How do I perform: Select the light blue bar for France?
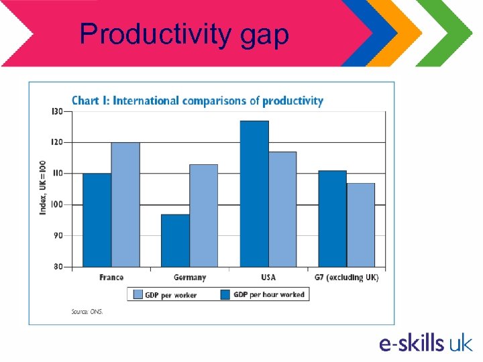click(x=125, y=204)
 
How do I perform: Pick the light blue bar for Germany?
click(x=203, y=215)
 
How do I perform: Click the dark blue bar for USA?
click(x=254, y=194)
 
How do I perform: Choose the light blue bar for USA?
click(x=282, y=209)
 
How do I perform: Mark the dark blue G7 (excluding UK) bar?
click(x=332, y=219)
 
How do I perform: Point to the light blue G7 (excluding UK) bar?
click(x=361, y=225)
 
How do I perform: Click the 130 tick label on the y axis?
click(x=57, y=111)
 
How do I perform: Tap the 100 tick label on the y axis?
click(x=57, y=204)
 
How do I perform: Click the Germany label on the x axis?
click(x=190, y=278)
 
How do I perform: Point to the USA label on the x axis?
click(x=268, y=278)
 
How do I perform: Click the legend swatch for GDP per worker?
click(x=138, y=294)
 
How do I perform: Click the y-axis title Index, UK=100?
click(x=43, y=187)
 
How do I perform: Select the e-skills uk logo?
click(x=425, y=343)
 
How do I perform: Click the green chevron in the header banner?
click(x=451, y=34)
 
